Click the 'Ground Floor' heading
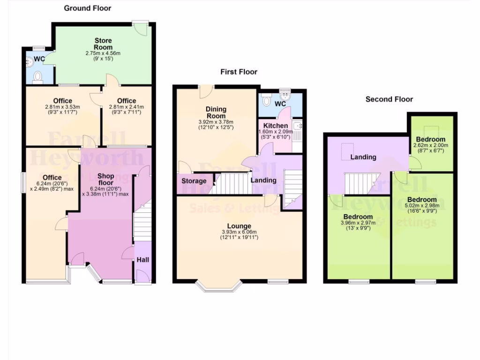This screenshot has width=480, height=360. click(88, 8)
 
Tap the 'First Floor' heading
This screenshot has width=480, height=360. click(239, 72)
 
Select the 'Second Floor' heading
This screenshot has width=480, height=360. click(389, 99)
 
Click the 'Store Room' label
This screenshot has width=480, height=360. click(103, 44)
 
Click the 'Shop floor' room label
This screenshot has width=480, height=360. click(105, 180)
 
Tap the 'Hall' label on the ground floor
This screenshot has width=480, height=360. click(142, 260)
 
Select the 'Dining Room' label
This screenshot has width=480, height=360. click(216, 112)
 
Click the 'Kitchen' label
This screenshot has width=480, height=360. click(275, 126)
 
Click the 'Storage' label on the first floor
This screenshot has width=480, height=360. click(194, 181)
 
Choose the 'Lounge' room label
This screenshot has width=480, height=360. click(239, 226)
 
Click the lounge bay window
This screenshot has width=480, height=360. click(218, 286)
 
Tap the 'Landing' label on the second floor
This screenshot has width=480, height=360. click(363, 157)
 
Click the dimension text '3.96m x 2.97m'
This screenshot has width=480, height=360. click(357, 223)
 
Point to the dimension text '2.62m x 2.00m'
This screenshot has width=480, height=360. click(431, 145)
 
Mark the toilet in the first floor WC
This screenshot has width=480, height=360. click(267, 100)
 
